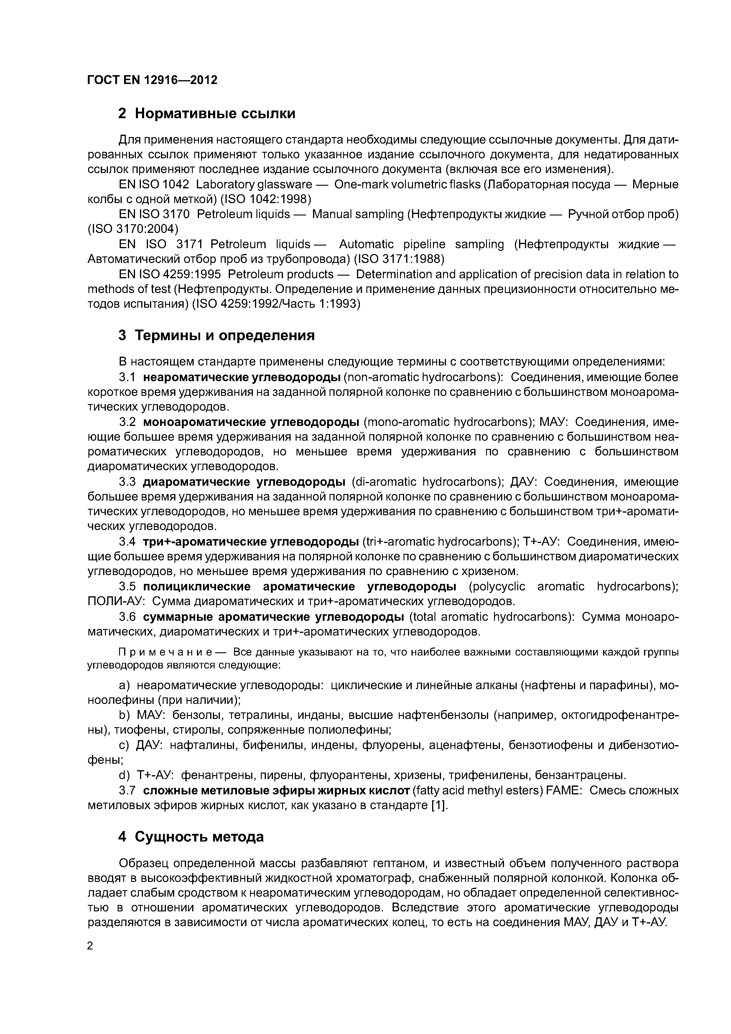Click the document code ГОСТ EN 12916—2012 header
(x=152, y=80)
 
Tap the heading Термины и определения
(x=216, y=335)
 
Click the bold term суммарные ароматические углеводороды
(x=274, y=617)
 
